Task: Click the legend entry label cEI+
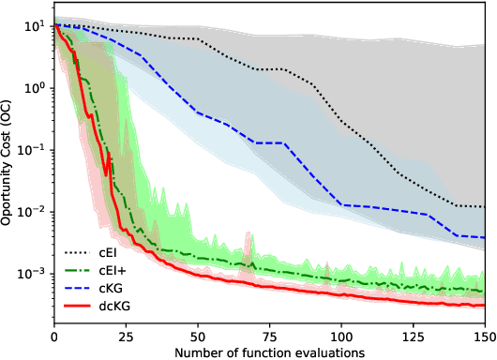pos(127,270)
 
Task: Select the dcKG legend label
pos(128,306)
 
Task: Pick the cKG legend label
pos(124,288)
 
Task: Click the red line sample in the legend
pos(82,306)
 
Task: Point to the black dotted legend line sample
pos(82,252)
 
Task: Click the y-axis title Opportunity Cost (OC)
pos(8,169)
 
